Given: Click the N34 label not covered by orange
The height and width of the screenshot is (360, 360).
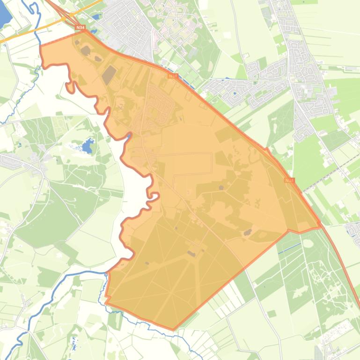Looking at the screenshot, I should coord(80,28).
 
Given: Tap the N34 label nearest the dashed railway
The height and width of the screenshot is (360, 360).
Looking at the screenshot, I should coord(289,180).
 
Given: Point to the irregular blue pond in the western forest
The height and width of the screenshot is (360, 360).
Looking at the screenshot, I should coord(87,147).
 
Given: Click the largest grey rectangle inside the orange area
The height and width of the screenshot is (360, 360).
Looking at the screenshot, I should coord(109,75).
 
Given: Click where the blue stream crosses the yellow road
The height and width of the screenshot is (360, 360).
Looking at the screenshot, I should coord(39,27).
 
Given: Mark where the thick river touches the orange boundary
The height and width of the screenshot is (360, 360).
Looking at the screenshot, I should coord(107,273).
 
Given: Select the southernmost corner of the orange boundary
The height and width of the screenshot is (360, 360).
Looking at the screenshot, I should coord(173,329).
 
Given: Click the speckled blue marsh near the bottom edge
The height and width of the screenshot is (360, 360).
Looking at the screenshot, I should coord(74,344).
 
